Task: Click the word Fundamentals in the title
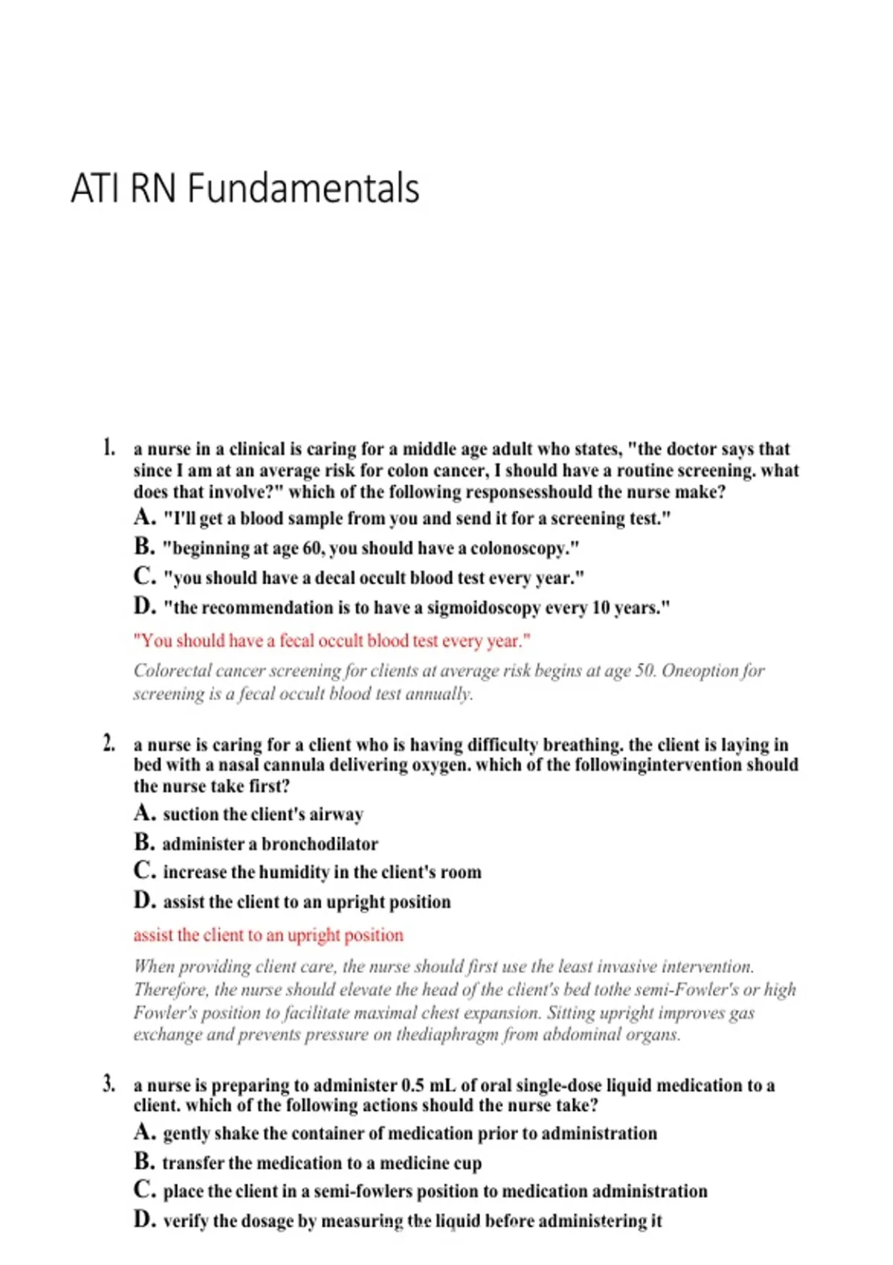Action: point(304,188)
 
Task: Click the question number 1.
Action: point(109,448)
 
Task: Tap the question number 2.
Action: point(109,743)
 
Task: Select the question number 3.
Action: point(109,1083)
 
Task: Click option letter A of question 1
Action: point(144,517)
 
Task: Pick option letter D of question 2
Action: point(144,901)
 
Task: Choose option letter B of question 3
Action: point(144,1162)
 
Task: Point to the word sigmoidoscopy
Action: point(484,608)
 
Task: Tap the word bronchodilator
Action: point(320,844)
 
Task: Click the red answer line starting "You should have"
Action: point(331,641)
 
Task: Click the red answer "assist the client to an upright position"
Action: point(268,935)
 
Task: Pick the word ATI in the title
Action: point(95,188)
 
